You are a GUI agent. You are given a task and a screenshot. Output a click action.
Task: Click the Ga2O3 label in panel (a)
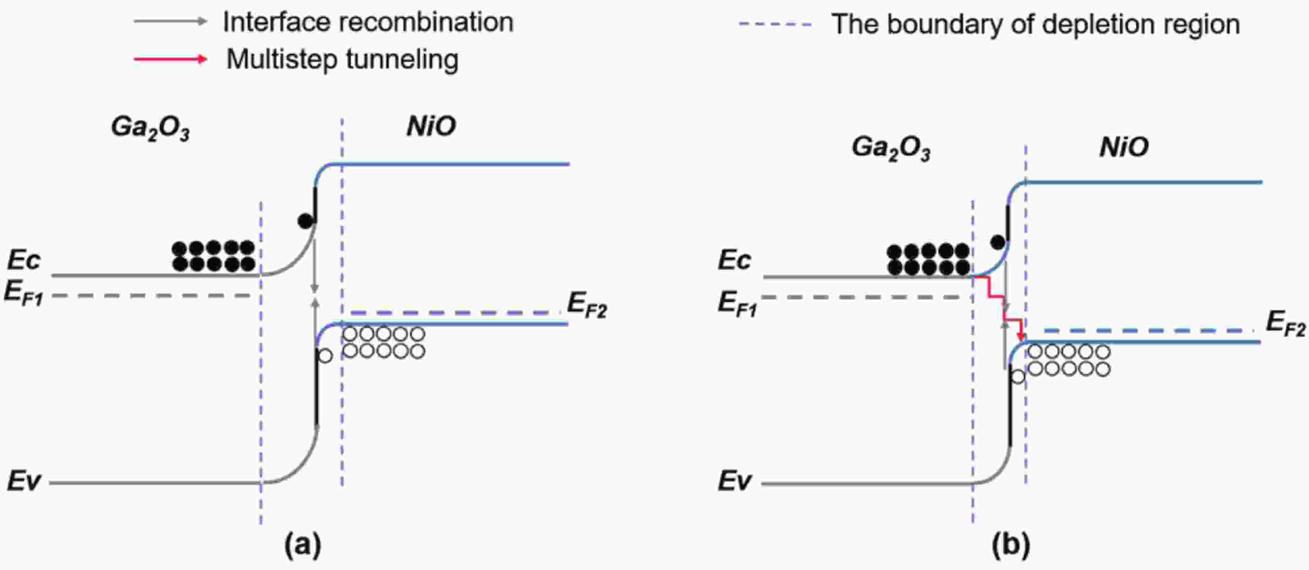[x=150, y=128]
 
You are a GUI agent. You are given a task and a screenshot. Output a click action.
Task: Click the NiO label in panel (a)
[x=431, y=125]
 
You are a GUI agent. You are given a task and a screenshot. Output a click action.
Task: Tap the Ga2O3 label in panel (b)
[x=891, y=149]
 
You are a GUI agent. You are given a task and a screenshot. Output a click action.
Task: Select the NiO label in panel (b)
[x=1124, y=147]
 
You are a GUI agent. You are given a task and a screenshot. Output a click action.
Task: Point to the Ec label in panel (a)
[x=23, y=260]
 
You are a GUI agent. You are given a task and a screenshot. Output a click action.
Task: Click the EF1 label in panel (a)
[x=23, y=294]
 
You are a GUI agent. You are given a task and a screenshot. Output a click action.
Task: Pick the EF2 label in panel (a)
[x=587, y=305]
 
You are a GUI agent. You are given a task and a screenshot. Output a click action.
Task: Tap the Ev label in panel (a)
[x=23, y=480]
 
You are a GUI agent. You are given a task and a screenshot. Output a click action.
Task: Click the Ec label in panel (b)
[x=734, y=260]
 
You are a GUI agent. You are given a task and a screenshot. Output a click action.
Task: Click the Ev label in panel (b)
[x=734, y=480]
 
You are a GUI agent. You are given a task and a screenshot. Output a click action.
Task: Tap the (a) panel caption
[x=303, y=545]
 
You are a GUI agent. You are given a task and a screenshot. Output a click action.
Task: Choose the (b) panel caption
[x=1011, y=545]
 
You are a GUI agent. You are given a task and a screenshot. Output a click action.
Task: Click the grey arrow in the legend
[x=171, y=21]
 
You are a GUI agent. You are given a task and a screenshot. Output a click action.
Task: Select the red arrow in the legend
[x=171, y=59]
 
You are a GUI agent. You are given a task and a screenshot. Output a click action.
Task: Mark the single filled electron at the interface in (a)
[x=305, y=221]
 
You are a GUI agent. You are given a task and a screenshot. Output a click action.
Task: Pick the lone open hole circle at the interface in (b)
[x=1018, y=376]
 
